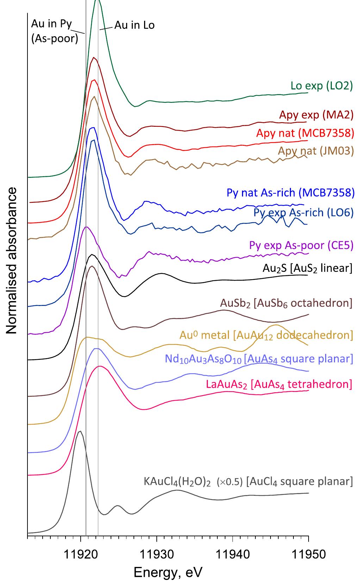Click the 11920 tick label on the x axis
(80, 554)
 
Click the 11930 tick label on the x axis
(157, 554)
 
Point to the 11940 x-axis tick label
(232, 554)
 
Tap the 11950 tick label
(309, 554)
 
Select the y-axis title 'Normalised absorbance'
(12, 261)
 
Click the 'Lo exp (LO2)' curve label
(321, 86)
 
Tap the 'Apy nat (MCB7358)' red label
(305, 133)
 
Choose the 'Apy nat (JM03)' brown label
(316, 151)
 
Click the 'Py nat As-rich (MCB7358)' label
(290, 193)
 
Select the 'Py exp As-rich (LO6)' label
(303, 212)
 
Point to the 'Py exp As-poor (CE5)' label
(301, 245)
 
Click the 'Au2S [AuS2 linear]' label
(307, 268)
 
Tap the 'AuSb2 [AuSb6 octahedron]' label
(286, 302)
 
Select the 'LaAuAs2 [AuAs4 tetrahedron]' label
(279, 383)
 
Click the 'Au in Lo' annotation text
(134, 25)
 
